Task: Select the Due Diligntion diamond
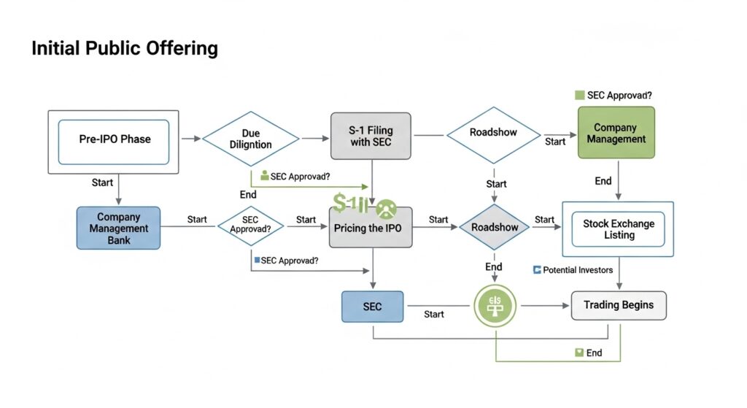tap(250, 139)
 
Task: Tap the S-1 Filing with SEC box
tap(371, 136)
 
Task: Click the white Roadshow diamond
tap(493, 133)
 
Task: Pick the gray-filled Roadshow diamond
tap(495, 227)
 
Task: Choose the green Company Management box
tap(616, 133)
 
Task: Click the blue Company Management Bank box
tap(118, 228)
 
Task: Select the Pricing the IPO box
tap(371, 228)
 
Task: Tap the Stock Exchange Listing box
tap(618, 229)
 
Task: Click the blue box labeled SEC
tap(372, 307)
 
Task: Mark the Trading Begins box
tap(618, 306)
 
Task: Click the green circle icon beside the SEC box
tap(495, 306)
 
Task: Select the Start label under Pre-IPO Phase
tap(102, 182)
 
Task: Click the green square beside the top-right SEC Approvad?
tap(580, 95)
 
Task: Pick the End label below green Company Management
tap(603, 181)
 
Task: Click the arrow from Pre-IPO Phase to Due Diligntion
tap(191, 138)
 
